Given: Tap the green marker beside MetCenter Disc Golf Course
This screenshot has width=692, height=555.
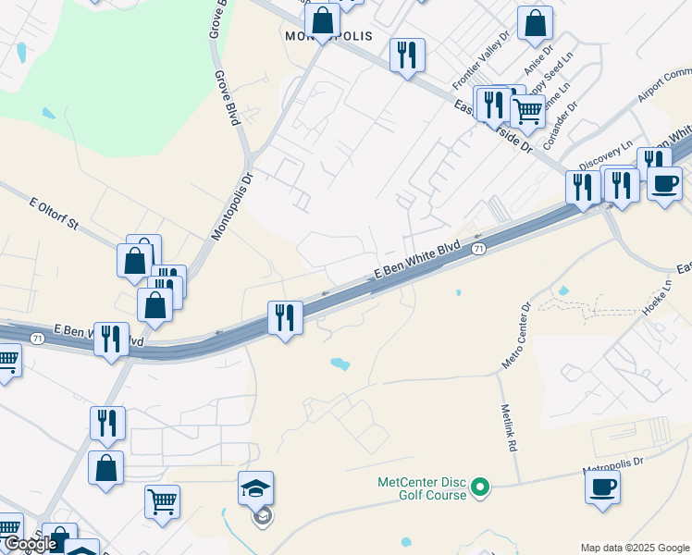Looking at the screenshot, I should click(x=479, y=487).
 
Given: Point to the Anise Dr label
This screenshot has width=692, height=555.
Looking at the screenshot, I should click(x=538, y=61).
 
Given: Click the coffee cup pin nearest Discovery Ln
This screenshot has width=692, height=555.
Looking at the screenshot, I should click(x=663, y=183).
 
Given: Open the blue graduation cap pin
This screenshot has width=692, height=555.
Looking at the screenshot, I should click(x=256, y=487).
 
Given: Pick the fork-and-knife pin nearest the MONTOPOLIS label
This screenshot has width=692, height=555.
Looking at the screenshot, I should click(x=407, y=56).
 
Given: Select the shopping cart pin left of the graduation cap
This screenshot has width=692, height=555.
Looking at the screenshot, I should click(x=162, y=501).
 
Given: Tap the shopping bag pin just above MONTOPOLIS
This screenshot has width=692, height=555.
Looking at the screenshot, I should click(x=322, y=19).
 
